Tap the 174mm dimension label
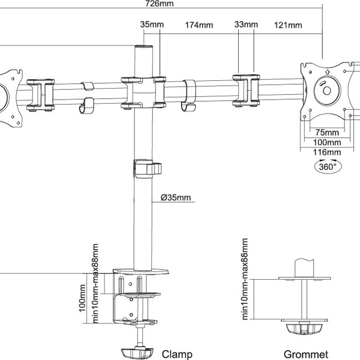click(199, 25)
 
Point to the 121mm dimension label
click(288, 25)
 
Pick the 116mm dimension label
click(327, 152)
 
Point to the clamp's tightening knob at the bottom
click(137, 352)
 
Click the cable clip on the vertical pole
click(147, 168)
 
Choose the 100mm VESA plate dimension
click(327, 142)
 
